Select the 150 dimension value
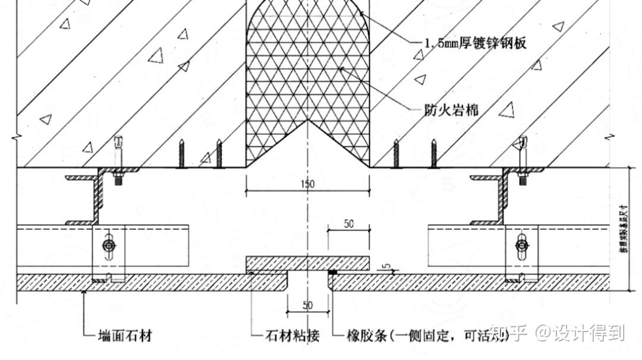(308, 184)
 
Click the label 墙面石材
(125, 336)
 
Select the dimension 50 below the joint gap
(307, 305)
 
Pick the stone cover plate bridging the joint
(308, 263)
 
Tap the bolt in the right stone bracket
(521, 245)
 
